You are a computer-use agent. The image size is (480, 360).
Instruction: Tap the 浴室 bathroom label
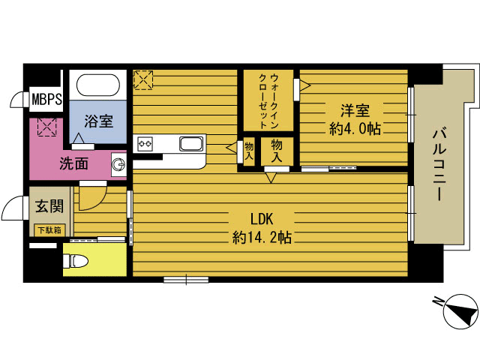tap(98, 120)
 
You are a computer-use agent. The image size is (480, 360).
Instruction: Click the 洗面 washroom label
tap(74, 162)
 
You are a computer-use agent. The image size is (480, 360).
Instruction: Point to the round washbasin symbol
tap(118, 163)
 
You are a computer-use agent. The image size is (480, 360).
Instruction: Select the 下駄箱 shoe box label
tap(47, 229)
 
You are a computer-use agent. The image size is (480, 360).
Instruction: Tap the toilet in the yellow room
tap(77, 260)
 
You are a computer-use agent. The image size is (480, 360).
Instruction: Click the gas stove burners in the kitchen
tap(145, 143)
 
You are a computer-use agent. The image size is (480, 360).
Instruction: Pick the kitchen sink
tap(192, 143)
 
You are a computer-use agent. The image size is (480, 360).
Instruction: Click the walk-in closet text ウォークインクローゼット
tap(268, 100)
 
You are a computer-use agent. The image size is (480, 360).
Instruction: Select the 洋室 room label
tap(355, 110)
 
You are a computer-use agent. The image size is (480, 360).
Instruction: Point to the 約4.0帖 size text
tap(355, 128)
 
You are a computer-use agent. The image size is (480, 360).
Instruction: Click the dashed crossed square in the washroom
tap(47, 127)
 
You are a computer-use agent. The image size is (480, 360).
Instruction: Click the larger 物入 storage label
tap(277, 151)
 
